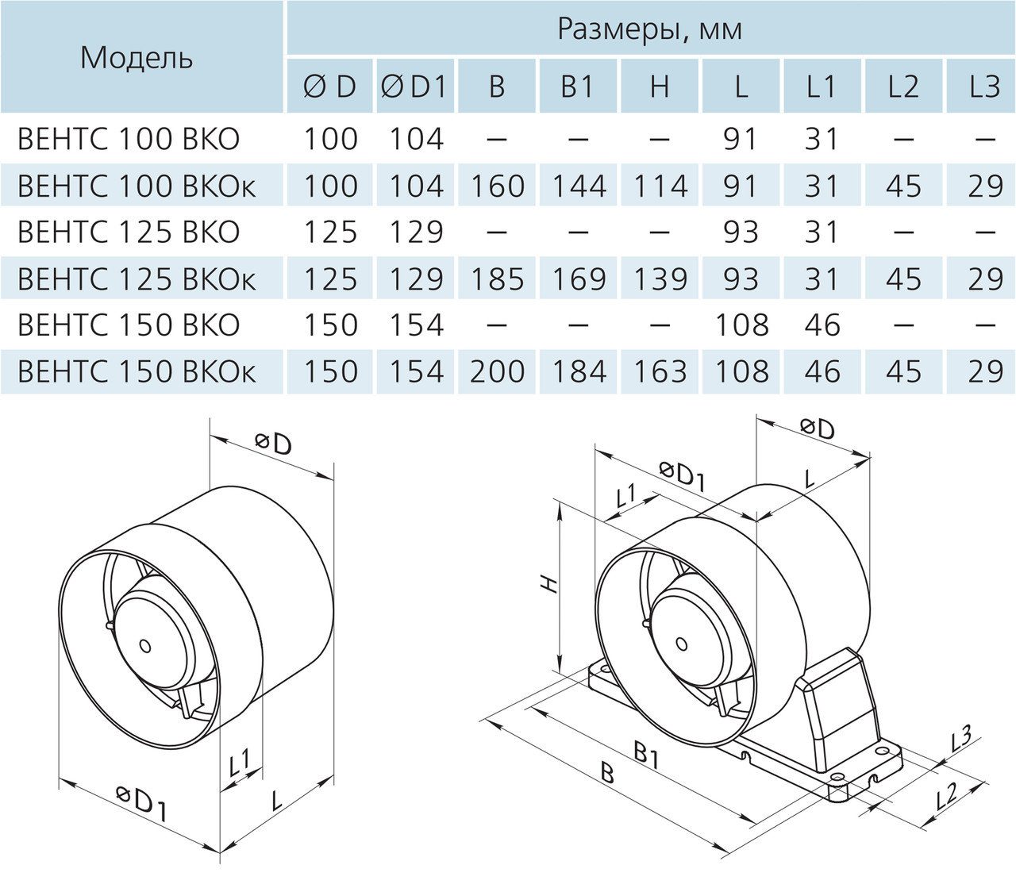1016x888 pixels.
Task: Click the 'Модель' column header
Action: pyautogui.click(x=136, y=58)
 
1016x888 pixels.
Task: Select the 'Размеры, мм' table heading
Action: pyautogui.click(x=649, y=29)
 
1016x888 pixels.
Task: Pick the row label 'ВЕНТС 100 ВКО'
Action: pyautogui.click(x=128, y=139)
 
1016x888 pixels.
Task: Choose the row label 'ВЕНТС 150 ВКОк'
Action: pyautogui.click(x=137, y=371)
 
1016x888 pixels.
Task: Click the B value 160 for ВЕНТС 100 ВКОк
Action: pyautogui.click(x=497, y=186)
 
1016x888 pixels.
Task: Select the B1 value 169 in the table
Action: pyautogui.click(x=577, y=279)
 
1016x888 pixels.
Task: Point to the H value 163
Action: pyautogui.click(x=660, y=371)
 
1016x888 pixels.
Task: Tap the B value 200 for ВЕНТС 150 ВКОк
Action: pyautogui.click(x=497, y=371)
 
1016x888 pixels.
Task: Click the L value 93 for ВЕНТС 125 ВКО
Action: pyautogui.click(x=741, y=232)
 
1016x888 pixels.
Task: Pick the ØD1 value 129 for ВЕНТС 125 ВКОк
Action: pyautogui.click(x=415, y=279)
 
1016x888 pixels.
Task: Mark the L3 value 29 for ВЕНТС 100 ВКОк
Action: pyautogui.click(x=985, y=186)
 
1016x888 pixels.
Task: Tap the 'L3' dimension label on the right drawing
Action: pyautogui.click(x=960, y=740)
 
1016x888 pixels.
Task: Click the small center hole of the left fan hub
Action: pyautogui.click(x=144, y=646)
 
